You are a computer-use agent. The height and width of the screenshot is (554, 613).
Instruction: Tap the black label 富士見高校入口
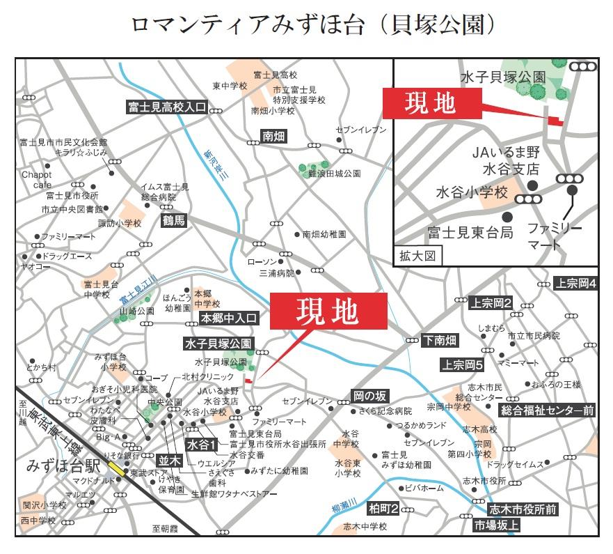pyautogui.click(x=167, y=107)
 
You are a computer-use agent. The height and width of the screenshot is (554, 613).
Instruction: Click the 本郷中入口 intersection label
pyautogui.click(x=229, y=318)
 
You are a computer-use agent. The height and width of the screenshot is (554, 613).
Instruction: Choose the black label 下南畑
pyautogui.click(x=440, y=340)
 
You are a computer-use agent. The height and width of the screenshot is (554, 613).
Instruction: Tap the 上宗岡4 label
pyautogui.click(x=575, y=284)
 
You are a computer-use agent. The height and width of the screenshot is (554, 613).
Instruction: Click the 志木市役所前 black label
pyautogui.click(x=523, y=509)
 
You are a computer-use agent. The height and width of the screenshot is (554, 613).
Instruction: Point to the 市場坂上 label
pyautogui.click(x=495, y=525)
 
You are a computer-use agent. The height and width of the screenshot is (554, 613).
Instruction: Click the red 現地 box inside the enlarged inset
pyautogui.click(x=431, y=102)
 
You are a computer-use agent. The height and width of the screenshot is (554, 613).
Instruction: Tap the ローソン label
pyautogui.click(x=262, y=261)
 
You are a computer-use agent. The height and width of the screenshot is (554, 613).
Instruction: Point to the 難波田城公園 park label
pyautogui.click(x=335, y=172)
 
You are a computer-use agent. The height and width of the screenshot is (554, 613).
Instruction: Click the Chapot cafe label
pyautogui.click(x=37, y=180)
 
